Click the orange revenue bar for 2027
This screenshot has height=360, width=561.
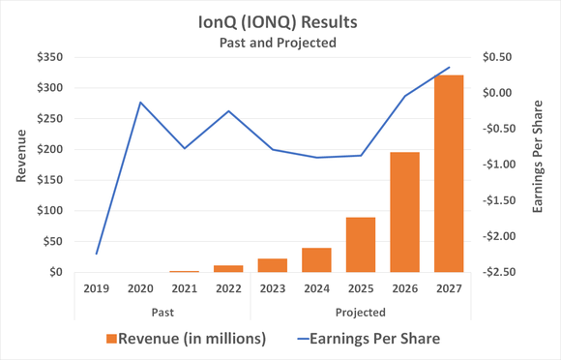[449, 174]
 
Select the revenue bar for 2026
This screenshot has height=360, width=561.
[405, 213]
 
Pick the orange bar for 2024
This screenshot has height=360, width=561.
[316, 260]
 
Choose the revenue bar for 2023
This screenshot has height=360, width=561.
[273, 265]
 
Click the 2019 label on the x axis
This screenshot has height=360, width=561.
[96, 288]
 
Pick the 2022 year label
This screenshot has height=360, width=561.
[228, 288]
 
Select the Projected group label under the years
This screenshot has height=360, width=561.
[361, 312]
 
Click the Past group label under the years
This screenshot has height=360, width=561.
[162, 312]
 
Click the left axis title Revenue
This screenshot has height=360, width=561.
[21, 164]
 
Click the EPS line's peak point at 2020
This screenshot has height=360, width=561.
[140, 103]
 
